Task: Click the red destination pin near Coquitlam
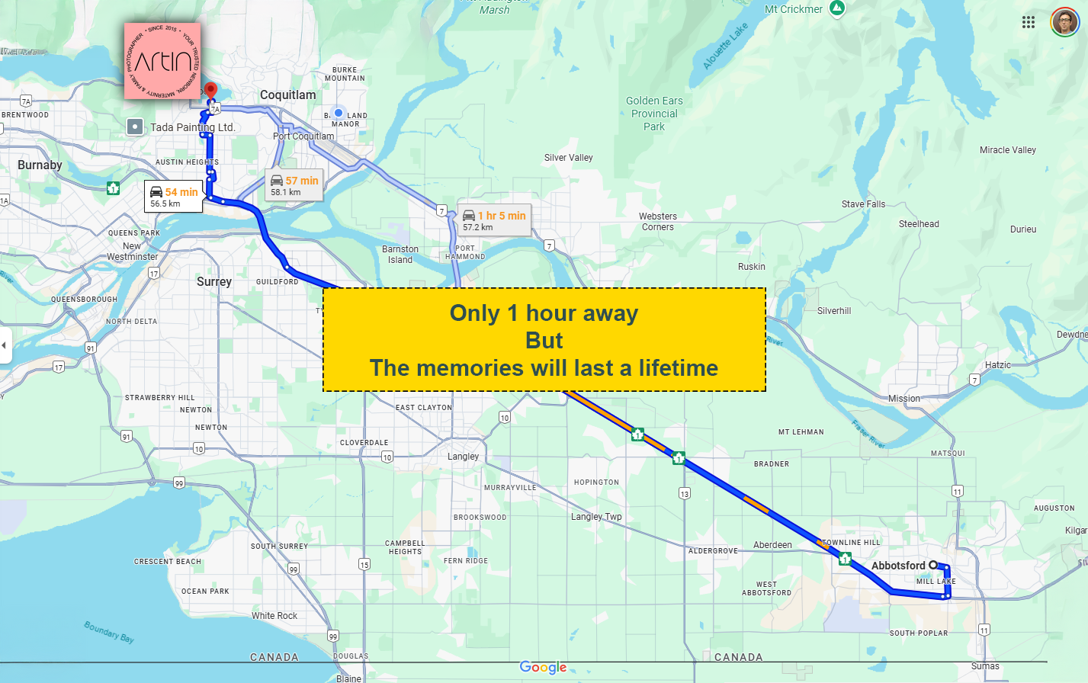[211, 91]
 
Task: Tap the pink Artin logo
[162, 61]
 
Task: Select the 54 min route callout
[174, 197]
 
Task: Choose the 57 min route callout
[294, 185]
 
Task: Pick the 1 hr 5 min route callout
[494, 220]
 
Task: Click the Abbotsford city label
[898, 566]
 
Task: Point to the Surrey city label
[214, 281]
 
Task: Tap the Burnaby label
[40, 165]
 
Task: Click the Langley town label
[464, 457]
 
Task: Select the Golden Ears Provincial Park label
[654, 114]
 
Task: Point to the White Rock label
[274, 616]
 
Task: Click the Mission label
[904, 399]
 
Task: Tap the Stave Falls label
[864, 204]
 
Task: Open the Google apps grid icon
[1029, 22]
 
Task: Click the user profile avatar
[1064, 22]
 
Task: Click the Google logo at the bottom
[543, 667]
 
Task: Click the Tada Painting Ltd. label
[192, 127]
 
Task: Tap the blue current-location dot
[339, 113]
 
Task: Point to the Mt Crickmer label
[794, 9]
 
